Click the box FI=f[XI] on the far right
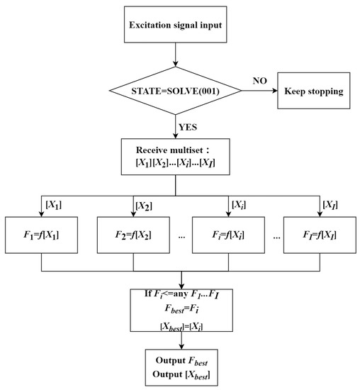(x=322, y=233)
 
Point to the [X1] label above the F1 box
(x=54, y=206)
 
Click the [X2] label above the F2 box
(x=144, y=206)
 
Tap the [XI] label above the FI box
(x=331, y=206)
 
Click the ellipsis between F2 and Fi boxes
(x=183, y=233)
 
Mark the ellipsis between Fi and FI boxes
(x=276, y=233)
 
